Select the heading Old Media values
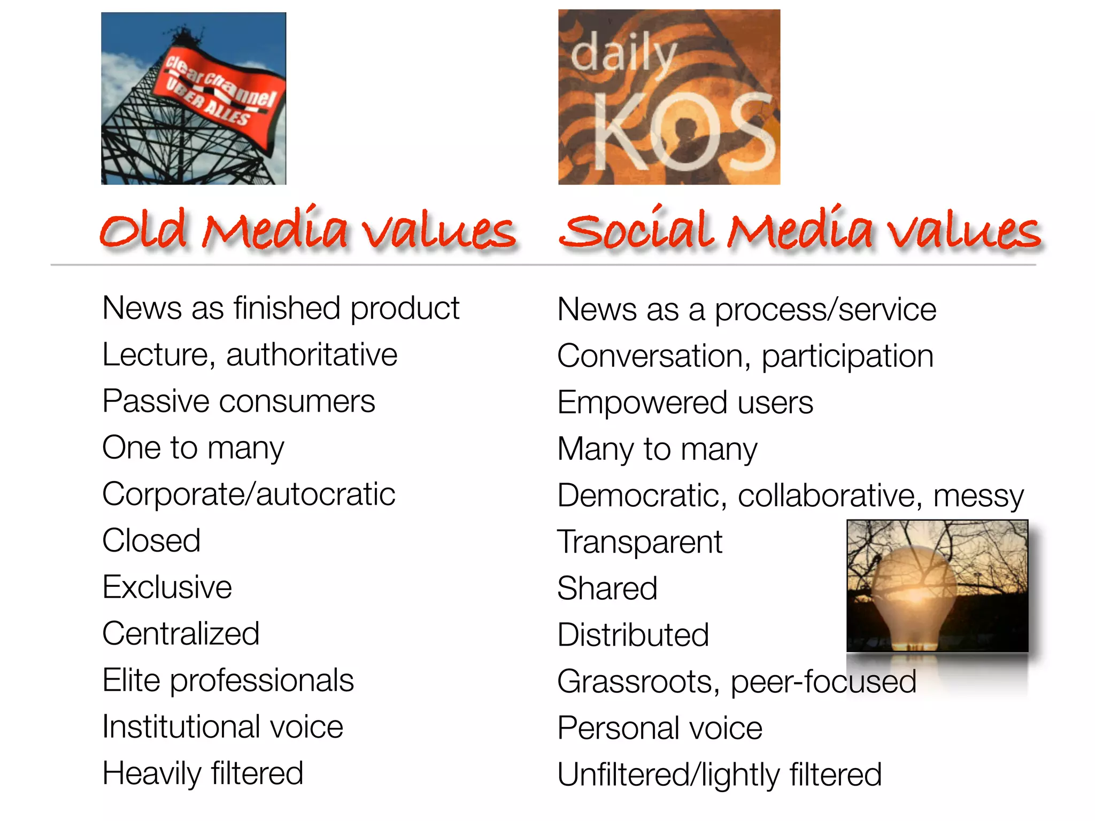point(308,230)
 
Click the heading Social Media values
point(800,230)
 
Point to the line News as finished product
point(281,308)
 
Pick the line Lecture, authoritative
point(250,355)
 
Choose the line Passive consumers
point(238,401)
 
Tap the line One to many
point(193,448)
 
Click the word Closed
point(151,540)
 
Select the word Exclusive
point(167,587)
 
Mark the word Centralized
point(181,634)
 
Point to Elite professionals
point(228,680)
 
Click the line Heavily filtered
point(203,773)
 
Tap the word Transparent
point(639,542)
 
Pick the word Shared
point(607,588)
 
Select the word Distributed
point(633,635)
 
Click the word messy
point(978,496)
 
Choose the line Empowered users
point(685,402)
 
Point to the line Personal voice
point(660,728)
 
